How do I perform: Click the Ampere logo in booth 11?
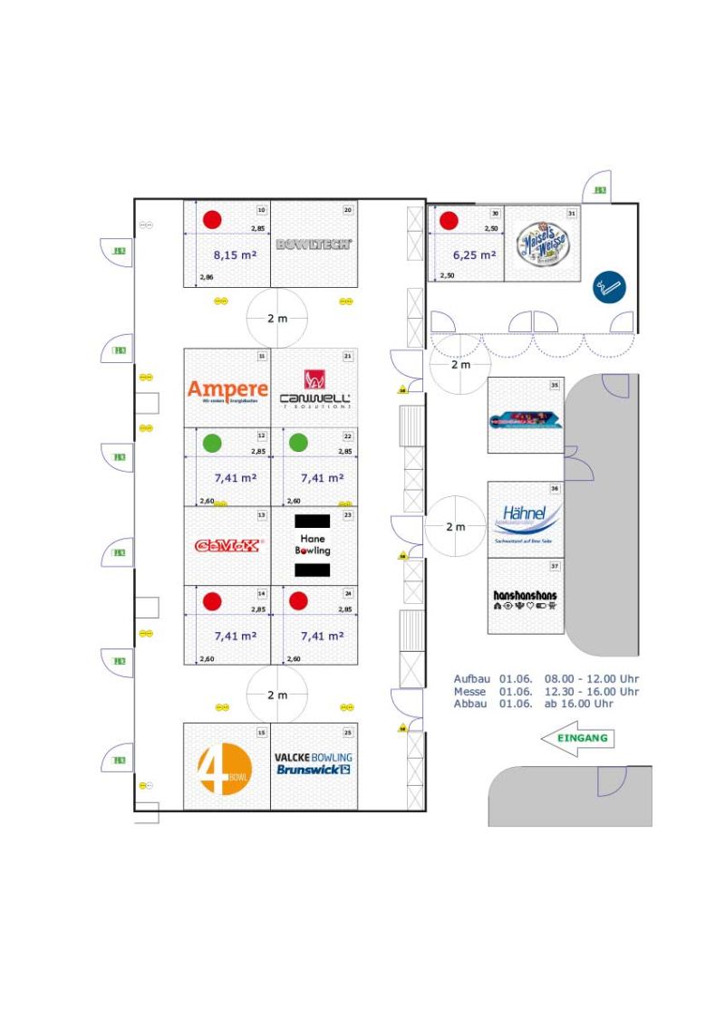(x=227, y=389)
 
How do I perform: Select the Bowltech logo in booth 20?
(x=314, y=244)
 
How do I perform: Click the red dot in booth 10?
(x=212, y=219)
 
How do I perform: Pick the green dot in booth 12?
(x=212, y=444)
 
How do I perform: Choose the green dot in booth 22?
(x=298, y=444)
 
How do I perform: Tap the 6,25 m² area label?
(x=474, y=255)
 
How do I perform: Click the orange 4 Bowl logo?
(x=224, y=769)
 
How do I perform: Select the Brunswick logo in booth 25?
(x=314, y=770)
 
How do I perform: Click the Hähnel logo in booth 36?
(x=527, y=520)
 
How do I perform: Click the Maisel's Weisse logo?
(x=541, y=244)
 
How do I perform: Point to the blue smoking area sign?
(x=609, y=288)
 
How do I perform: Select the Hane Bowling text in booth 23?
(x=313, y=544)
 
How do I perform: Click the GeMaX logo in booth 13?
(x=228, y=545)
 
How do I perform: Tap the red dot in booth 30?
(x=448, y=220)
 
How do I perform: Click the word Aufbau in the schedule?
(x=470, y=678)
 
